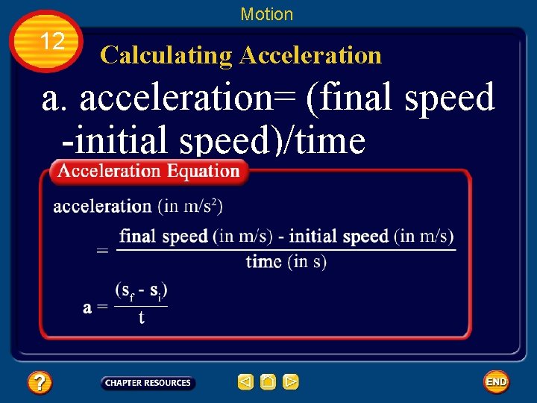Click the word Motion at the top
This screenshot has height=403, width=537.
pos(267,14)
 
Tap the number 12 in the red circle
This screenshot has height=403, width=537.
pos(52,42)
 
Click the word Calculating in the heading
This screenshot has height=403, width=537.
pos(166,54)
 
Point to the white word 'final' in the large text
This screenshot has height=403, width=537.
pos(354,97)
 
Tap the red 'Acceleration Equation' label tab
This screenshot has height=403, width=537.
pos(149,171)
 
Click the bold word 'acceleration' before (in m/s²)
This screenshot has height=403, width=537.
pos(102,206)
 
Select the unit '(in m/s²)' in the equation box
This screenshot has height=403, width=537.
pos(190,205)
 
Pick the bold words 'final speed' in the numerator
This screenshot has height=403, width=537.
pos(163,237)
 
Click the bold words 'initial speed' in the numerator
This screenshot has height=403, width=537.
pos(339,237)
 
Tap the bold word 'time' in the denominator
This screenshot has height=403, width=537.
pos(263,262)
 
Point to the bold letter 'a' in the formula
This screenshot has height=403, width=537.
pos(88,307)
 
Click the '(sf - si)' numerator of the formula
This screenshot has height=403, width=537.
pos(141,290)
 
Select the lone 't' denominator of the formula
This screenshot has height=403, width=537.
pos(141,318)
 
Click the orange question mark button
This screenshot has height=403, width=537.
pos(40,383)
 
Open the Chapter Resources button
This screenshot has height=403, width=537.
pos(148,383)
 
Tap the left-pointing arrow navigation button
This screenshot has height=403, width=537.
pos(245,383)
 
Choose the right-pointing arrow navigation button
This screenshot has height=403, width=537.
pos(291,383)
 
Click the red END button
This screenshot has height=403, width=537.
pos(496,382)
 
